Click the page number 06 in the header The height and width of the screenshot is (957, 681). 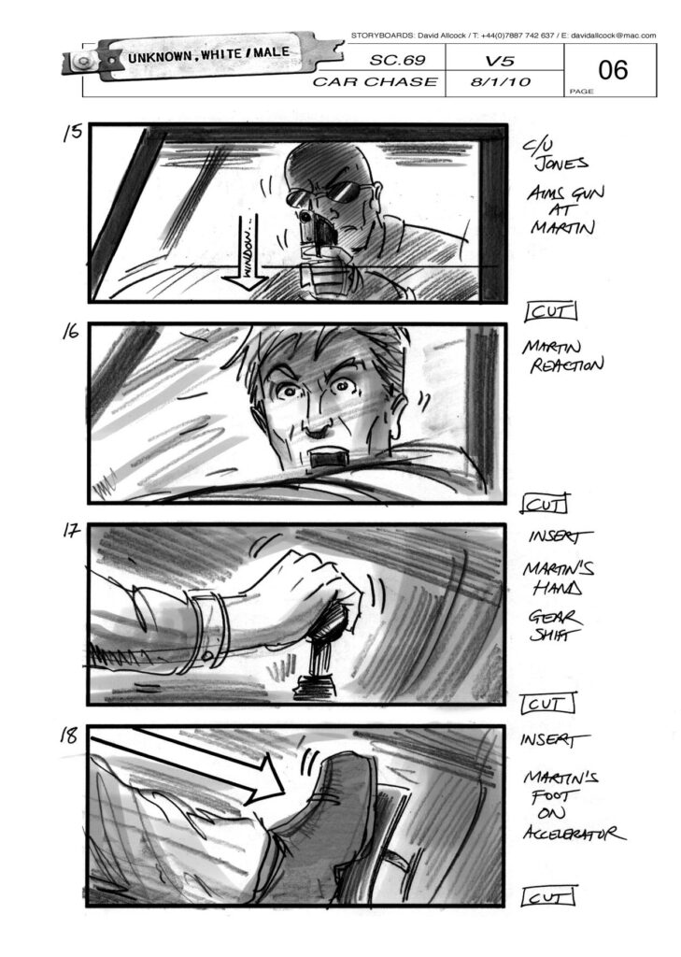[613, 70]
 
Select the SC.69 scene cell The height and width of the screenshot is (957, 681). [397, 61]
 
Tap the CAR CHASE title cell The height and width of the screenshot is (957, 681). [375, 82]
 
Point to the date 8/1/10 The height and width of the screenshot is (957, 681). [501, 82]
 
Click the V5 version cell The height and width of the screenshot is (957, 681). [500, 61]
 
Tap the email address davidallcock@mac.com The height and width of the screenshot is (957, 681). [613, 36]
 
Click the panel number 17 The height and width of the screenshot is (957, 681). [71, 531]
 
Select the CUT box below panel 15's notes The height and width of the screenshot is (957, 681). [550, 312]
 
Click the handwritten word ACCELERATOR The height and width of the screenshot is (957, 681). [574, 833]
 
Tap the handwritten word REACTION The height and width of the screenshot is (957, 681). [567, 365]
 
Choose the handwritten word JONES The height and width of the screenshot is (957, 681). [561, 164]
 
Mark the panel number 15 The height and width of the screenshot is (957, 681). [72, 133]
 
